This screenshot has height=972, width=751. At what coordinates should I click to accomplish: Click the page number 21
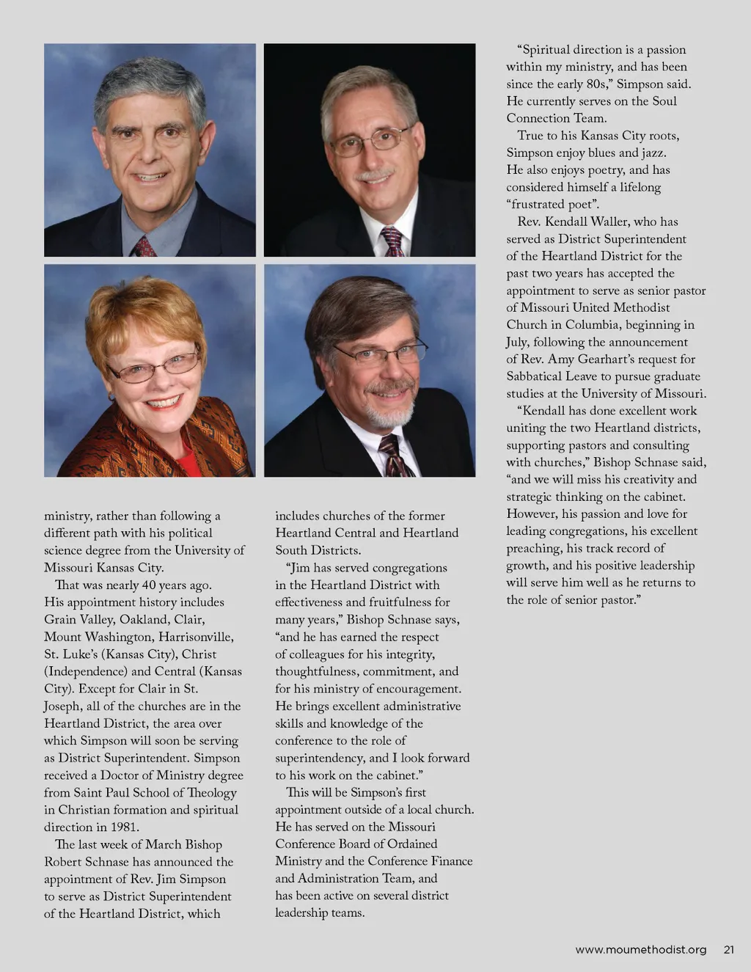click(728, 949)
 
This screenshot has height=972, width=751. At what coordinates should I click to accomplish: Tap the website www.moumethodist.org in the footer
click(641, 949)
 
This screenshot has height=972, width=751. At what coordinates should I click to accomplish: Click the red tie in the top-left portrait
click(144, 246)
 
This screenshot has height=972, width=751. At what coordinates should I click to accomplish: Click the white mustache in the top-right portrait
click(375, 175)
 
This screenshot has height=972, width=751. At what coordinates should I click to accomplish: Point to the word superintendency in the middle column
click(320, 758)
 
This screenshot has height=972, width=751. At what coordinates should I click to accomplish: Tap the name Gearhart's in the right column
click(610, 359)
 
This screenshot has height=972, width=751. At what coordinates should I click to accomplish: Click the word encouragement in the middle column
click(419, 689)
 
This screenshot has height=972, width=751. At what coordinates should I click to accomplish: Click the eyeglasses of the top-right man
click(370, 139)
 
